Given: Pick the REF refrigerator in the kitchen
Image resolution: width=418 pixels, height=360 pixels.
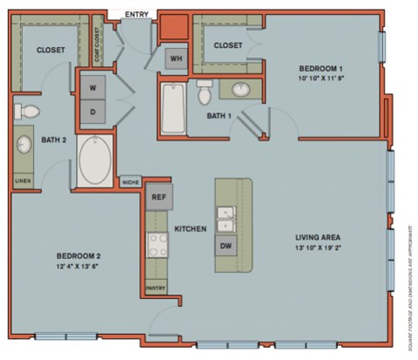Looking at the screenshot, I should pos(158,198).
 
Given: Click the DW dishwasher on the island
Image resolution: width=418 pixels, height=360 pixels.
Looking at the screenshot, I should pos(226,246).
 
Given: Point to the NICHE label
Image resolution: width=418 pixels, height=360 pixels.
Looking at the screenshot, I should pos(131,182).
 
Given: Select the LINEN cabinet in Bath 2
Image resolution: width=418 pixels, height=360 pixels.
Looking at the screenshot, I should pos(22,181).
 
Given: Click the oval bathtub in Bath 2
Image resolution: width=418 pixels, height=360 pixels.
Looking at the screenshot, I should pos(95,159).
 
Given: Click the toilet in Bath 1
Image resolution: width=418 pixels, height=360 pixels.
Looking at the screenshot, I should pos(205,92).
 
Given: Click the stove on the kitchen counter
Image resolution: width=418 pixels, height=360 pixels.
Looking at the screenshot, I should pos(158,245).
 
